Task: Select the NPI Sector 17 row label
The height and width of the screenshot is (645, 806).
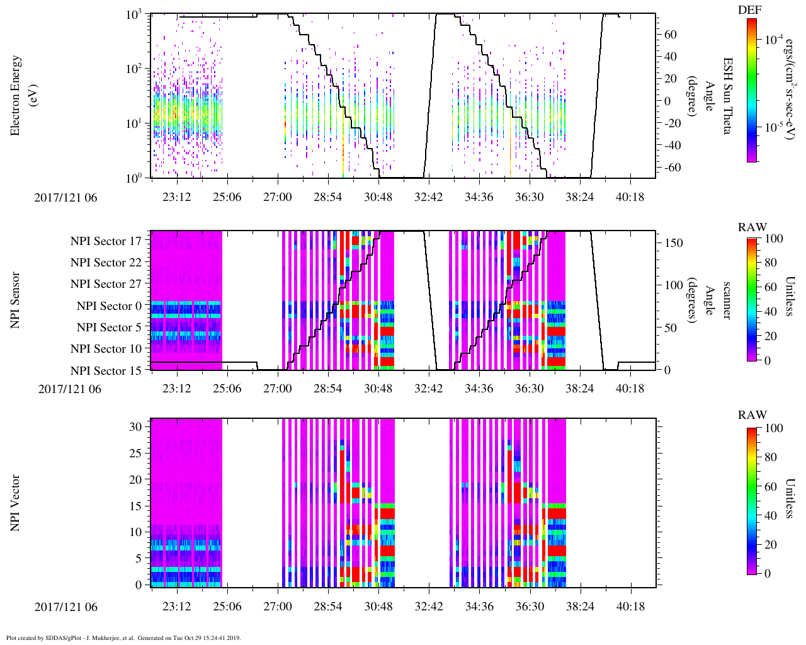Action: (x=106, y=241)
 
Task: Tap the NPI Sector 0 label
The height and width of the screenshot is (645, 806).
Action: (x=109, y=306)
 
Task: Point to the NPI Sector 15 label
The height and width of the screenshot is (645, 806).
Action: (x=106, y=370)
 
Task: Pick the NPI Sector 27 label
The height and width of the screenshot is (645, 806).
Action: (x=106, y=284)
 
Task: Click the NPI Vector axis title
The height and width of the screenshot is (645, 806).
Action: (x=15, y=503)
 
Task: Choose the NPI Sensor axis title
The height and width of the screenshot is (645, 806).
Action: (x=15, y=300)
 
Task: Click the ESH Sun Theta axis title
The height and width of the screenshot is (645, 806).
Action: (x=727, y=96)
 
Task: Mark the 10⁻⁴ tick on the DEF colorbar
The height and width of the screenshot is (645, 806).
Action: (x=774, y=40)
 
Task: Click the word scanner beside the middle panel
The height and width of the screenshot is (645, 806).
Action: (x=727, y=300)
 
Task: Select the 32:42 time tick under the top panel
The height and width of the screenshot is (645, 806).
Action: (x=428, y=197)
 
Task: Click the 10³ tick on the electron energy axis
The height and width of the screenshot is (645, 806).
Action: (x=133, y=14)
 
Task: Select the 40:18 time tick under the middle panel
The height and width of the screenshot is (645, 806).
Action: (x=630, y=389)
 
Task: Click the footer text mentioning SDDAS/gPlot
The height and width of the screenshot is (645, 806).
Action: (x=123, y=638)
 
